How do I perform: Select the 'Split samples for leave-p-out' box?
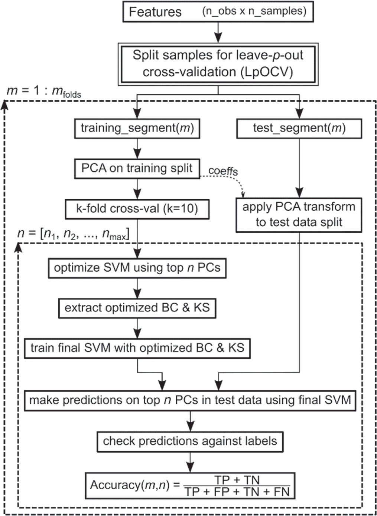(x=218, y=63)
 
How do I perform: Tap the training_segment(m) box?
(x=137, y=128)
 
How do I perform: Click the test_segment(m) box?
(x=299, y=128)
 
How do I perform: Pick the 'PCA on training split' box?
(x=137, y=168)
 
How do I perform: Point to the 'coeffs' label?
(x=223, y=171)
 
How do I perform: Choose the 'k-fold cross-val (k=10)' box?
(x=137, y=209)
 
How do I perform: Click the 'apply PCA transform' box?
(x=299, y=214)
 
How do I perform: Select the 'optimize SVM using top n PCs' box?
(x=137, y=268)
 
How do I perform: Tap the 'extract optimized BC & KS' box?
(x=137, y=308)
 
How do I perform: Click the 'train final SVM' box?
(x=137, y=348)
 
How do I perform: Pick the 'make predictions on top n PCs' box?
(x=190, y=400)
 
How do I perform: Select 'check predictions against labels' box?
(x=190, y=441)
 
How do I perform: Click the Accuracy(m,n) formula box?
(x=190, y=485)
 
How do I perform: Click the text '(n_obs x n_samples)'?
(x=254, y=11)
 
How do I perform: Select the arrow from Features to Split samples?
(x=218, y=32)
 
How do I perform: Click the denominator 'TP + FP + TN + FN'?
(x=237, y=492)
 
